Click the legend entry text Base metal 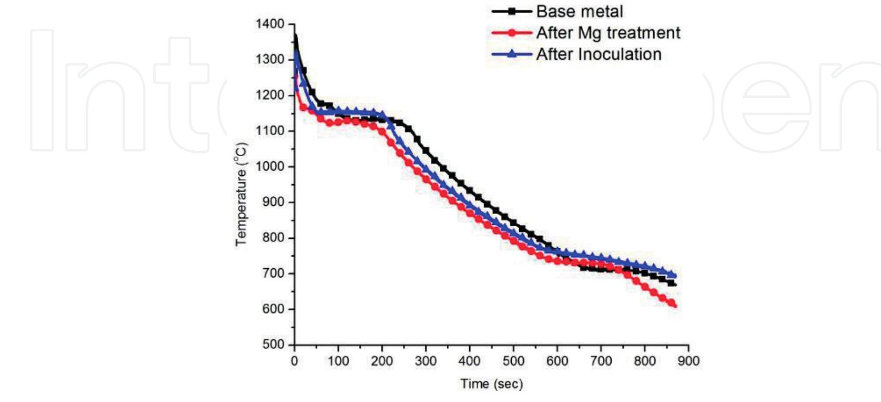(x=579, y=11)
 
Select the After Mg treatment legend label (x=608, y=33)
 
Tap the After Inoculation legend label (x=598, y=54)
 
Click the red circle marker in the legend (x=512, y=33)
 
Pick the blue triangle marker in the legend (x=512, y=54)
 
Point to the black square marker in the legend (x=512, y=11)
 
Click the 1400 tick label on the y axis (x=269, y=24)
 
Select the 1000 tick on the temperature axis (x=269, y=166)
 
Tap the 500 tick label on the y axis (x=273, y=344)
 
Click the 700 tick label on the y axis (x=273, y=273)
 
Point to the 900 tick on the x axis (x=689, y=361)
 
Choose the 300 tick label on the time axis (x=426, y=361)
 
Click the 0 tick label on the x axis (x=294, y=361)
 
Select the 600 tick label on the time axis (x=557, y=361)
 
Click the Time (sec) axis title (x=491, y=384)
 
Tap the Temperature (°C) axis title (x=241, y=194)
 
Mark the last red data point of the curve (x=674, y=305)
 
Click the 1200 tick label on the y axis (x=269, y=95)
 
